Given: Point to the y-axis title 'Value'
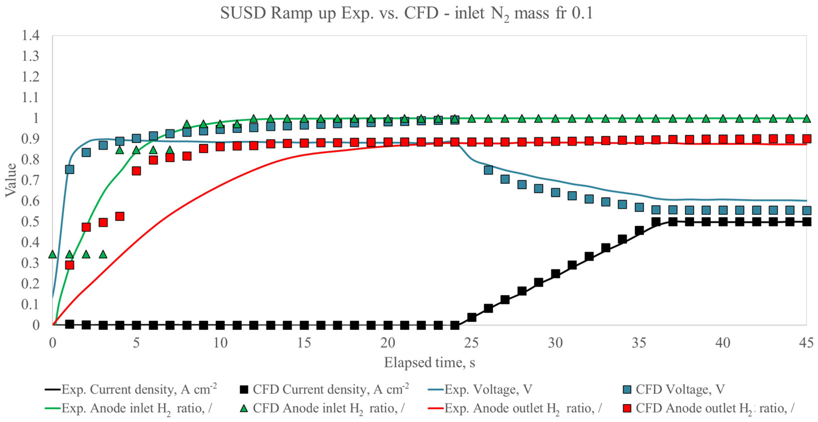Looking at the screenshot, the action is [11, 180].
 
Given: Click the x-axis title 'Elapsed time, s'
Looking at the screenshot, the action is [429, 362].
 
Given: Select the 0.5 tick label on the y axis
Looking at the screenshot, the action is [30, 221].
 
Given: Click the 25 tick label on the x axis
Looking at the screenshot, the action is [471, 343].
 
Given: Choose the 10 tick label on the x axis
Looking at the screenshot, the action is [220, 343].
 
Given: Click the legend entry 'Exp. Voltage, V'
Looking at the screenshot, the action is [480, 389].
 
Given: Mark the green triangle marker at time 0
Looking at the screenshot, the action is [53, 254].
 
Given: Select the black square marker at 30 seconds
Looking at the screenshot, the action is [555, 273].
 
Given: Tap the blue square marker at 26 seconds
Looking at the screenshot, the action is [488, 170].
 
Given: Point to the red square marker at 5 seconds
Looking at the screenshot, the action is [136, 171].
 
